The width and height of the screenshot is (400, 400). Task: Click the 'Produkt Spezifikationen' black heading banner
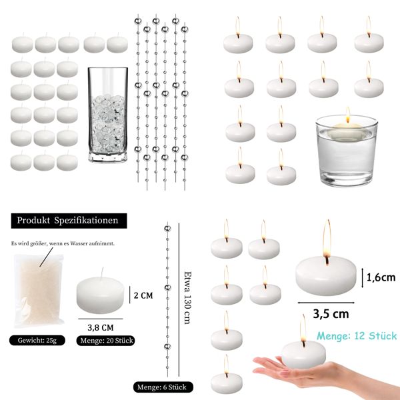coord(68,220)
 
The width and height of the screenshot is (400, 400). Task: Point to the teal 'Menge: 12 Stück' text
coord(357,335)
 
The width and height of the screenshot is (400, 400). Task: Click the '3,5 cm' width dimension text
coord(332,312)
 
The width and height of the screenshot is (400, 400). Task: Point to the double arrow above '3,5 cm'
coord(327,299)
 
